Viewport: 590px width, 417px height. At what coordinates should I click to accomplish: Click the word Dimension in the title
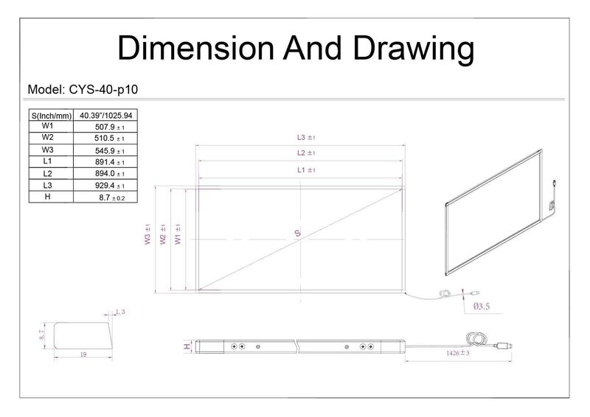coord(195,48)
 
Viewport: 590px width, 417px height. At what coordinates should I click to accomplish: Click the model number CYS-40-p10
coord(103,89)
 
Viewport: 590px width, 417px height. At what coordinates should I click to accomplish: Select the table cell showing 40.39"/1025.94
coord(105,116)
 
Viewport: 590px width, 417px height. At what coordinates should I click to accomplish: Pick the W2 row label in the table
coord(47,137)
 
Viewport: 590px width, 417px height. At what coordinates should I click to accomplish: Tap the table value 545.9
coord(105,151)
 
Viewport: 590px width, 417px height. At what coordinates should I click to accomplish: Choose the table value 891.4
coord(105,162)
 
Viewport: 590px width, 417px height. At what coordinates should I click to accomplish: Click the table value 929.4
coord(105,186)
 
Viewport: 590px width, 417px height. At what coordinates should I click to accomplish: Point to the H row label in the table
coord(47,197)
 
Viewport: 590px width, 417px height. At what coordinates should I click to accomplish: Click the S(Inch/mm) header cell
coord(51,116)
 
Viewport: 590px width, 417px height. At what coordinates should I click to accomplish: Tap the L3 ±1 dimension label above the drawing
coord(306,138)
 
